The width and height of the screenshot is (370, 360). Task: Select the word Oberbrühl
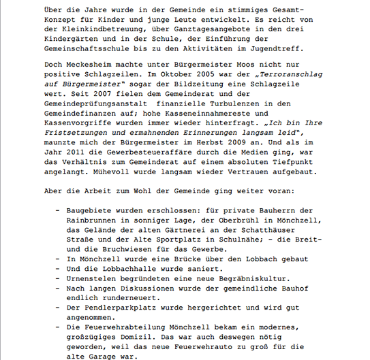229,222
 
